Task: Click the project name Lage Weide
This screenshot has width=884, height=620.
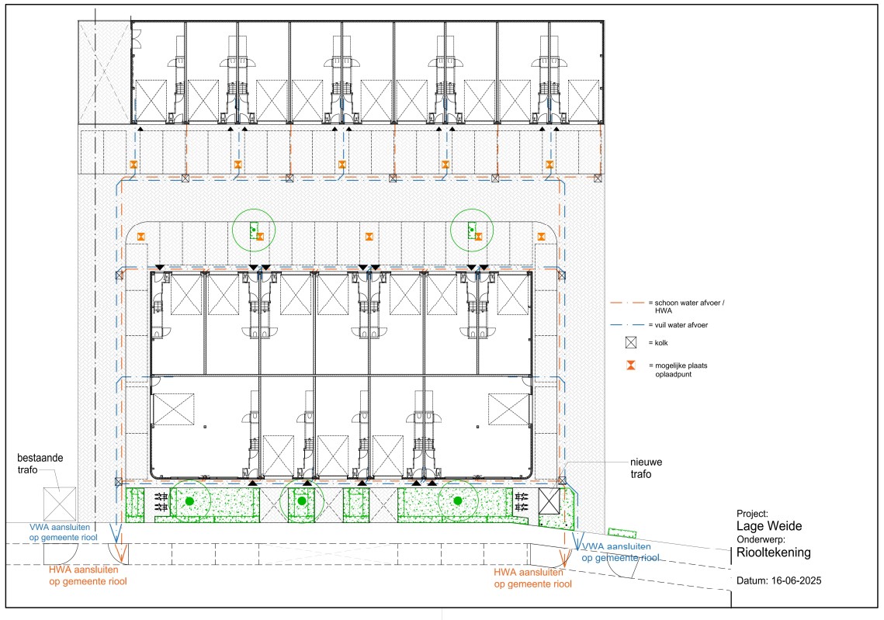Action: (769, 526)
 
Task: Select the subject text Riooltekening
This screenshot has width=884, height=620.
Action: (774, 553)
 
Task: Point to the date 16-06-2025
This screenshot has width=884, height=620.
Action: (796, 580)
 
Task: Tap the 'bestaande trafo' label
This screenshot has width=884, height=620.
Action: (40, 464)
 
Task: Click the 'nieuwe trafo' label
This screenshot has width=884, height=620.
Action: (646, 469)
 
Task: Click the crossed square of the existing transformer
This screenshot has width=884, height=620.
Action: (60, 504)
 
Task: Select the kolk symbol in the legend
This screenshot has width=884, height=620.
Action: (631, 343)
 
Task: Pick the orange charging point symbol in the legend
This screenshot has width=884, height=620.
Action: (631, 365)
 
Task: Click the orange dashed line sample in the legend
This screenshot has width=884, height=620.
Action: (627, 303)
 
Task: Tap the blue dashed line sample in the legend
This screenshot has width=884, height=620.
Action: (627, 325)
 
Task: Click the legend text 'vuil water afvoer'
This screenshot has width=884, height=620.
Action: (681, 325)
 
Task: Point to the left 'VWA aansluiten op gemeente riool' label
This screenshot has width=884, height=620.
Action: (63, 532)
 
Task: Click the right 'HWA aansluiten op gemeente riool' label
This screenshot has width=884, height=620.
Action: (532, 578)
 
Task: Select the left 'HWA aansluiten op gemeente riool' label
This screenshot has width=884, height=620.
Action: (88, 576)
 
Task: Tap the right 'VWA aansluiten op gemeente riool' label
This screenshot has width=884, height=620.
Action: (620, 552)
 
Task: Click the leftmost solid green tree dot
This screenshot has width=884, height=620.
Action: (190, 501)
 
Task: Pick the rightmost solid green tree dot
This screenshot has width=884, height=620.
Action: (458, 501)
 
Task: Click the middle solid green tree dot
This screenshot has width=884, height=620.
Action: (302, 501)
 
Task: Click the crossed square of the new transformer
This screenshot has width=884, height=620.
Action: (549, 501)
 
